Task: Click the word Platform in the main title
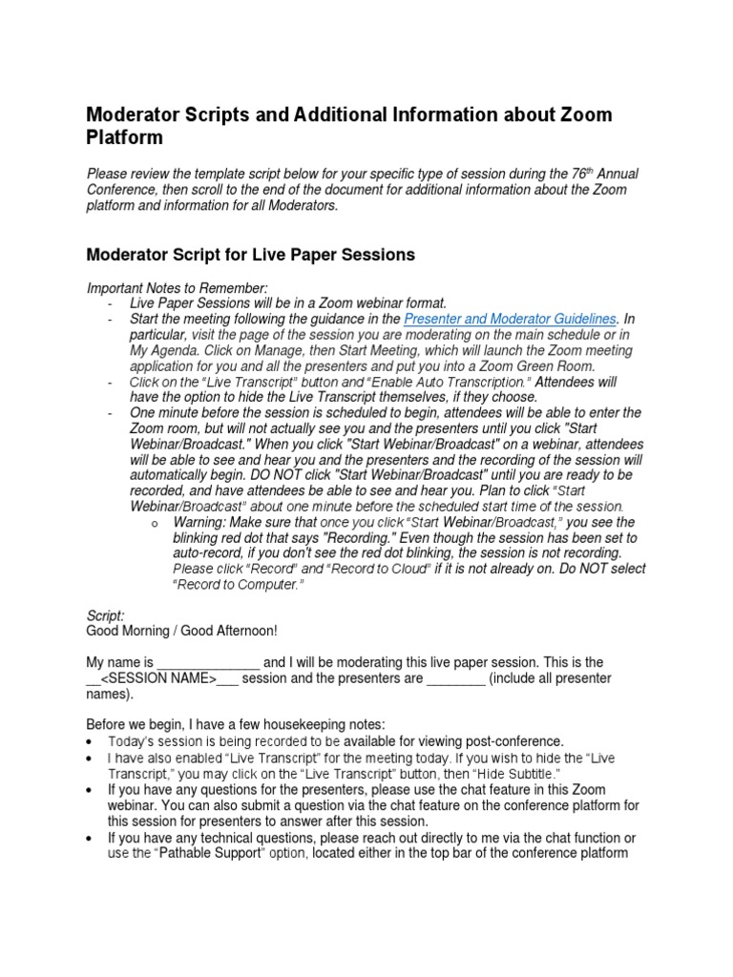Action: pyautogui.click(x=125, y=138)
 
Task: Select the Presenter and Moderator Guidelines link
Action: pyautogui.click(x=511, y=319)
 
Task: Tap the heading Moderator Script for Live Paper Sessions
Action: pyautogui.click(x=252, y=255)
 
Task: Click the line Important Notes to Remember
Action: pyautogui.click(x=177, y=287)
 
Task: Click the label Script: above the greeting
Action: pyautogui.click(x=105, y=616)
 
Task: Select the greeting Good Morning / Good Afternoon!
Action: pyautogui.click(x=181, y=632)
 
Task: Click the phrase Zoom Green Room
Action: pyautogui.click(x=539, y=365)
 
